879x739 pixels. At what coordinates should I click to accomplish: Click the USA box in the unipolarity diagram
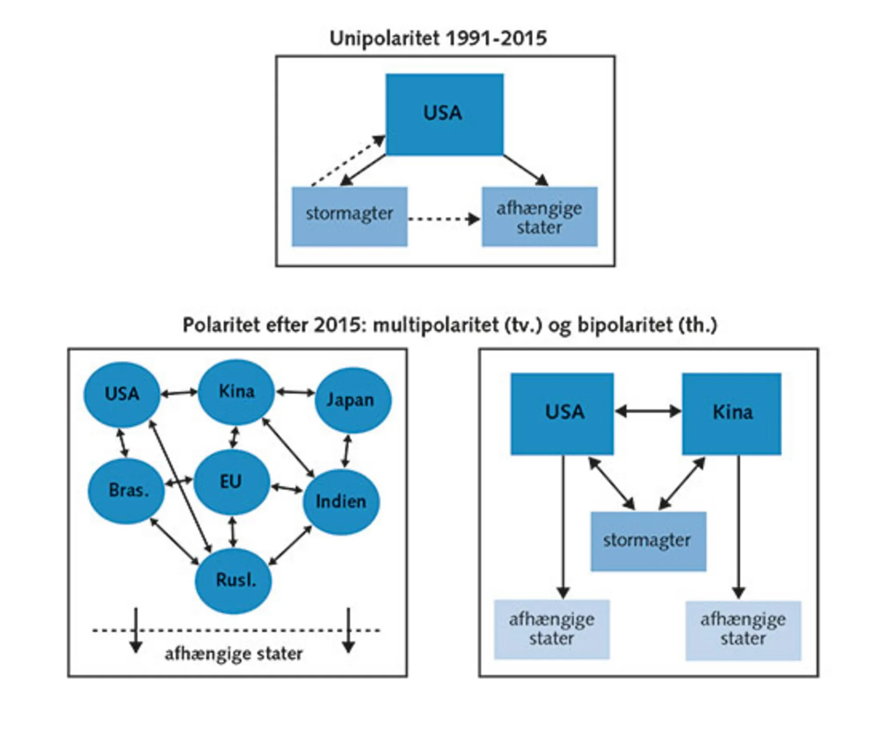(x=444, y=114)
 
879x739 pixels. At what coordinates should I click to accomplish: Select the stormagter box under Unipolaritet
(x=349, y=216)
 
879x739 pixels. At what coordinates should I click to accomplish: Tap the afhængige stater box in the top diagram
(x=539, y=216)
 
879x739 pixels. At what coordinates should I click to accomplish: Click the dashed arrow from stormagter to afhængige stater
(x=444, y=219)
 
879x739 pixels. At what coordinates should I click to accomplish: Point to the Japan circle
(x=352, y=400)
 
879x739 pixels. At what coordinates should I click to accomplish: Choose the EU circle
(x=231, y=482)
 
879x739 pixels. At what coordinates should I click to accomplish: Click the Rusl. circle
(x=233, y=581)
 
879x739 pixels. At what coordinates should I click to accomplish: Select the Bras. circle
(x=127, y=490)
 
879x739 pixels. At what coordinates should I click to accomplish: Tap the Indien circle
(x=341, y=501)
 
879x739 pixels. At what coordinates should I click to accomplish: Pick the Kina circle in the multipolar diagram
(x=236, y=392)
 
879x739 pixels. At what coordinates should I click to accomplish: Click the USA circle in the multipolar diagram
(x=122, y=394)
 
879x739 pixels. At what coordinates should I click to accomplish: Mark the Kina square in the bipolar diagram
(x=731, y=413)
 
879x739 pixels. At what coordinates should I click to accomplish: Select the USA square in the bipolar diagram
(x=562, y=413)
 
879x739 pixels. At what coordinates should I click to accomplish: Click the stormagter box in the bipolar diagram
(x=648, y=541)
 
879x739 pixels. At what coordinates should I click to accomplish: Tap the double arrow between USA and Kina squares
(x=648, y=412)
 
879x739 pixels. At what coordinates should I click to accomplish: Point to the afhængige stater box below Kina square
(x=743, y=630)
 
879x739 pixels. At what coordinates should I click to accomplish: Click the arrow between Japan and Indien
(x=346, y=451)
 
